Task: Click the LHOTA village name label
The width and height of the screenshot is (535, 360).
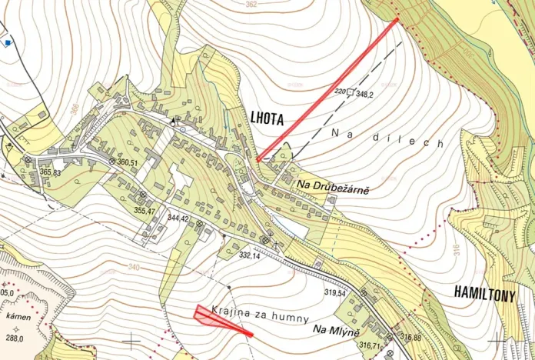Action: click(267, 119)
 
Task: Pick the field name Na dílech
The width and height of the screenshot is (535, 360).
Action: click(388, 138)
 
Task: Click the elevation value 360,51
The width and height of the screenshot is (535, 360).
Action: click(127, 162)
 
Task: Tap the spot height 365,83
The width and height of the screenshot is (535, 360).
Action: click(51, 173)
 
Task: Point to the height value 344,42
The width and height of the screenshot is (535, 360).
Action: click(178, 218)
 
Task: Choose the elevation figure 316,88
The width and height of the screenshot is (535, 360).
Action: click(410, 337)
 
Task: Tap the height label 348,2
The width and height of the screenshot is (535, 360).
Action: click(365, 94)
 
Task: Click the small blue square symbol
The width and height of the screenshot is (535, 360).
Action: click(8, 43)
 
